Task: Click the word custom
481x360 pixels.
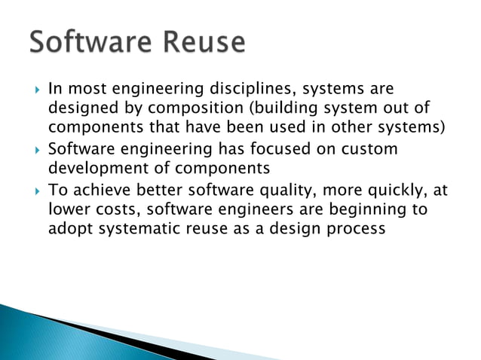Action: click(363, 149)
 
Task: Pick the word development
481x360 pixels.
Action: click(92, 168)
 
